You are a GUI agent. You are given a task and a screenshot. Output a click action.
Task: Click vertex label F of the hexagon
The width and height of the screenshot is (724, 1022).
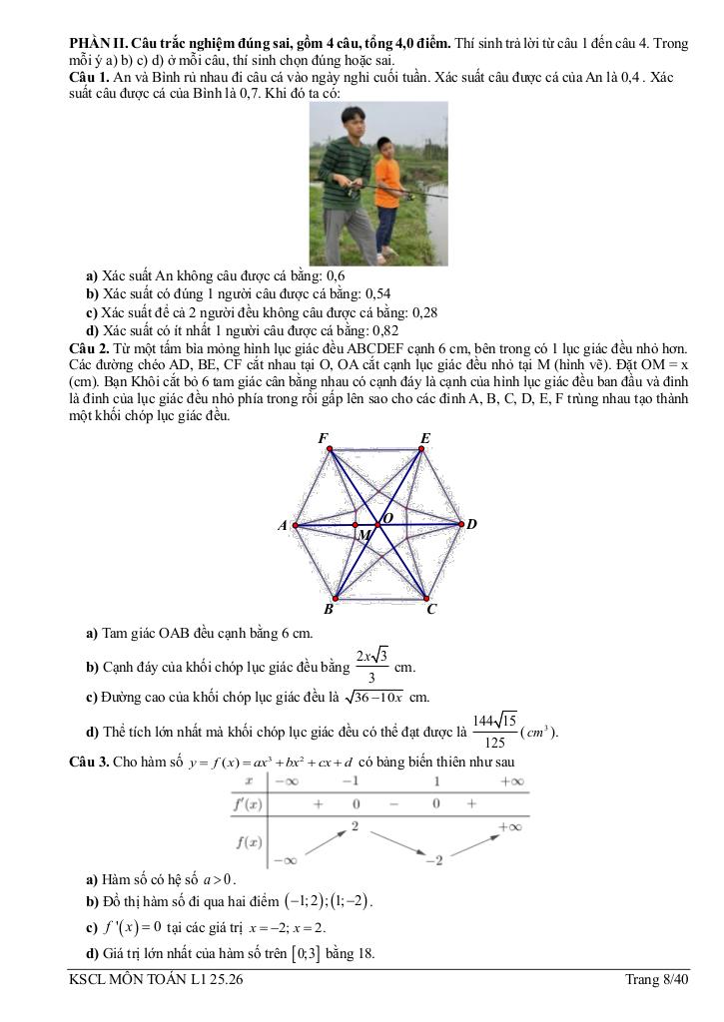pos(324,438)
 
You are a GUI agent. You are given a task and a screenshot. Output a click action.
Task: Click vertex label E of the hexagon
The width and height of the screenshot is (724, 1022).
pos(425,438)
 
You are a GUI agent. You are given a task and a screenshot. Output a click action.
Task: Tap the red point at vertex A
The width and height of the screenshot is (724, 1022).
pos(295,524)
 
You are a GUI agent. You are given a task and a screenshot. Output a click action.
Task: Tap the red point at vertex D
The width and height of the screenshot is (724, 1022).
pos(460,523)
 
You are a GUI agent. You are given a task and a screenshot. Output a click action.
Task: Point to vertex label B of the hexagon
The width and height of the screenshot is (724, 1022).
pos(329,609)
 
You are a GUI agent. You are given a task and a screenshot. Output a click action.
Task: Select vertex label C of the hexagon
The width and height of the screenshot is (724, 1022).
pos(431,609)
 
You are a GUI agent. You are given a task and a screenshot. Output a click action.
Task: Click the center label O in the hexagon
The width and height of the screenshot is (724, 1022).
pos(387,516)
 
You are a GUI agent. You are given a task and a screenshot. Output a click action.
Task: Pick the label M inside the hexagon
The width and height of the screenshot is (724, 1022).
pos(364,536)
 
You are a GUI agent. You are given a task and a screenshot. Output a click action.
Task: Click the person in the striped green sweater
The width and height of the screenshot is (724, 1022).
pos(345,180)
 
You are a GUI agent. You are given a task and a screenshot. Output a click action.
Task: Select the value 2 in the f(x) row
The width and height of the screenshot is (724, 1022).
pos(355,826)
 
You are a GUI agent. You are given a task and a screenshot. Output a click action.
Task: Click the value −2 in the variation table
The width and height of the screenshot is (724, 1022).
pos(434,860)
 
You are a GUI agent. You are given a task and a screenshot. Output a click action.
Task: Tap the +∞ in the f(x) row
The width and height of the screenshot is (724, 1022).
pos(512,826)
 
